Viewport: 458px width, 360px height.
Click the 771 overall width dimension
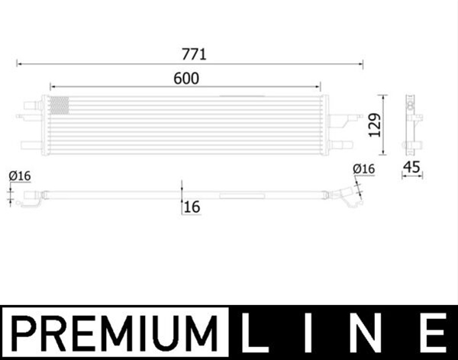[194, 54]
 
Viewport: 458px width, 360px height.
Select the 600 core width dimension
[186, 79]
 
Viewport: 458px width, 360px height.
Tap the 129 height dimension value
[375, 125]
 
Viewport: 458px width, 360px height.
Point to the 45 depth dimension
[411, 167]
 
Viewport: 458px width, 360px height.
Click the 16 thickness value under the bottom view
[192, 207]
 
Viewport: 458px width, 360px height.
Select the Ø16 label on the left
[20, 175]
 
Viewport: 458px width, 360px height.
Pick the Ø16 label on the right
[363, 169]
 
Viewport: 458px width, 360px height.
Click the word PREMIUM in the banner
[114, 333]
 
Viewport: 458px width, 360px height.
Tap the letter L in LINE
[250, 333]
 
